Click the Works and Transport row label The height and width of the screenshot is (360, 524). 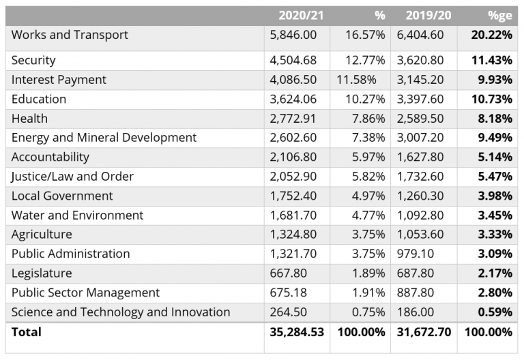point(70,35)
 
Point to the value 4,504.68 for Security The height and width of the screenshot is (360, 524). point(294,60)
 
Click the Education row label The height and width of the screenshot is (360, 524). point(39,99)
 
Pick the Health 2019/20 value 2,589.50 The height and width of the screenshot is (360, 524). point(421,119)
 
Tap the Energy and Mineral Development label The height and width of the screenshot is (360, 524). point(104,138)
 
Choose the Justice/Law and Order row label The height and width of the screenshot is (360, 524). point(72,177)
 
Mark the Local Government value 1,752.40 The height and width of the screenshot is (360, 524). point(294,196)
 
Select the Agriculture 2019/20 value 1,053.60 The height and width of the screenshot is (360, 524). point(421,235)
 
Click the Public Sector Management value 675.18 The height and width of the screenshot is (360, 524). point(289,292)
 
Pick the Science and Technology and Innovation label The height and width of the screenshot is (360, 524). point(121,312)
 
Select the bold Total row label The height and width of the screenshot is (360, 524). point(27,332)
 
